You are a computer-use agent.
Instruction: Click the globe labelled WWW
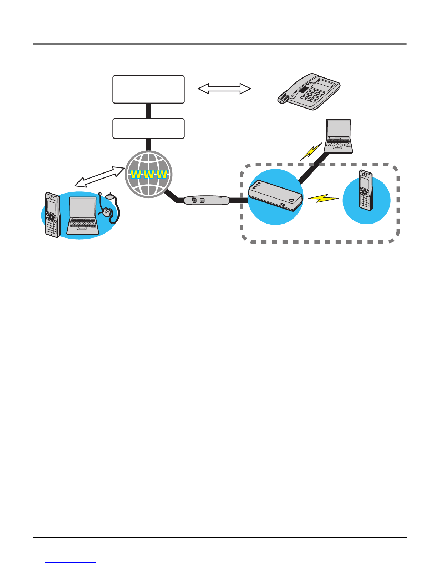[x=148, y=174]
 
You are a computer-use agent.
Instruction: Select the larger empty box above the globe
[x=148, y=89]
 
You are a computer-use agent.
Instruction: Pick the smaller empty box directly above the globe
[x=148, y=129]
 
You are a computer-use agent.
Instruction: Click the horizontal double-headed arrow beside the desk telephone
[x=224, y=89]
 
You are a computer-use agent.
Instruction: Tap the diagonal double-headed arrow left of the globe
[x=100, y=177]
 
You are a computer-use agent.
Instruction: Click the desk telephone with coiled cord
[x=309, y=92]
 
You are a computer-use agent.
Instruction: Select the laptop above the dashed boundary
[x=339, y=136]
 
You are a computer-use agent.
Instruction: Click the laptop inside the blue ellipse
[x=82, y=216]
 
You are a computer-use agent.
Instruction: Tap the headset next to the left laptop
[x=109, y=208]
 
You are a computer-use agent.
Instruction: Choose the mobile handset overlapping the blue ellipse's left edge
[x=52, y=215]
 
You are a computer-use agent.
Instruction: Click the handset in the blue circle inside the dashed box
[x=365, y=190]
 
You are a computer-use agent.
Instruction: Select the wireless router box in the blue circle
[x=275, y=195]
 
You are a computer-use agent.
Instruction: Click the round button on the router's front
[x=291, y=200]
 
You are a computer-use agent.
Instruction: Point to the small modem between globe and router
[x=207, y=200]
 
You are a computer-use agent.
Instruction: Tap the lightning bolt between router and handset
[x=324, y=199]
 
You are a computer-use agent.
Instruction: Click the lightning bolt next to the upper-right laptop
[x=311, y=151]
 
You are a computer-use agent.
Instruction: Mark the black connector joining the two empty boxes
[x=148, y=111]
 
